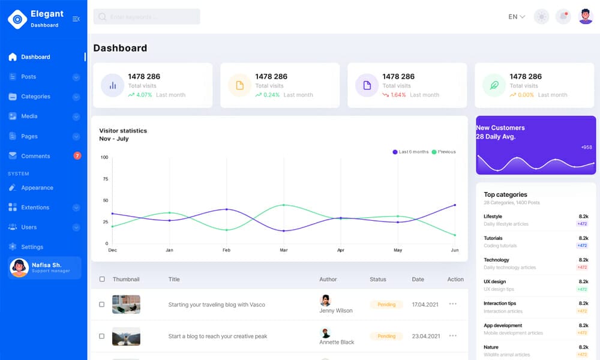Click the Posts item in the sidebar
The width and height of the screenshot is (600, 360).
(x=28, y=77)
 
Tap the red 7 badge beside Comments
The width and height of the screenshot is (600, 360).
(x=77, y=156)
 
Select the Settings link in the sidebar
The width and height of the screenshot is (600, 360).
(x=32, y=247)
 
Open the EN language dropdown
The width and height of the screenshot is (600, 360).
(x=517, y=17)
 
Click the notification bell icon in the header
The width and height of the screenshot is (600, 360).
(x=563, y=17)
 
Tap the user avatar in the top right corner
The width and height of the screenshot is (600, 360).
(x=586, y=17)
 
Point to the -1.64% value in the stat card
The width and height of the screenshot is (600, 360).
(x=398, y=95)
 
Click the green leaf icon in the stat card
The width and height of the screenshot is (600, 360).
(x=494, y=86)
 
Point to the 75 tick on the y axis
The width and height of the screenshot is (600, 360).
(x=105, y=179)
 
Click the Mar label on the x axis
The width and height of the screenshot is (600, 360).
(x=283, y=250)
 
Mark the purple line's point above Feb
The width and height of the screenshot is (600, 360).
(x=226, y=209)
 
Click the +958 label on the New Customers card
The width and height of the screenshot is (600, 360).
(x=586, y=147)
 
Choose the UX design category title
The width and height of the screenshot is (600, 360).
(x=494, y=281)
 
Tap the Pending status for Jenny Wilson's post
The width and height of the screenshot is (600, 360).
(x=386, y=305)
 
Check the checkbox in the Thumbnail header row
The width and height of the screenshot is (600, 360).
(x=102, y=279)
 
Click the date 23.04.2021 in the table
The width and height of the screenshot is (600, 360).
(x=426, y=336)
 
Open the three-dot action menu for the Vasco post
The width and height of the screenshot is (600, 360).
(x=453, y=304)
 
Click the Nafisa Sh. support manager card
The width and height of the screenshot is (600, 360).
(x=44, y=268)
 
